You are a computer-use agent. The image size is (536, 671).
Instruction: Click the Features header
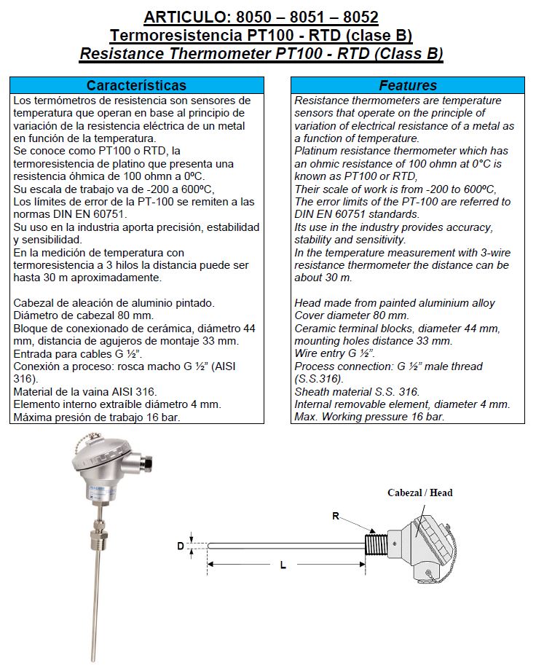coord(408,85)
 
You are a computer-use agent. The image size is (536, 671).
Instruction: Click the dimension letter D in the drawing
coord(181,545)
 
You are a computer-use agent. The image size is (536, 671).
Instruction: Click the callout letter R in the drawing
coord(336,516)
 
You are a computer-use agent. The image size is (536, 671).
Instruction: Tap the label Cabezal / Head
coord(419,493)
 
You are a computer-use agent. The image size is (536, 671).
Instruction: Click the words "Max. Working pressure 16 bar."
coord(369,417)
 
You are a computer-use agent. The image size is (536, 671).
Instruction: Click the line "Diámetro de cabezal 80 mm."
coord(84,315)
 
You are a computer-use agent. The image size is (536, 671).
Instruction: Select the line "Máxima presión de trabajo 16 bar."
coord(98,417)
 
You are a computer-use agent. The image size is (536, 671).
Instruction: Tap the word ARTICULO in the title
coord(185,17)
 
